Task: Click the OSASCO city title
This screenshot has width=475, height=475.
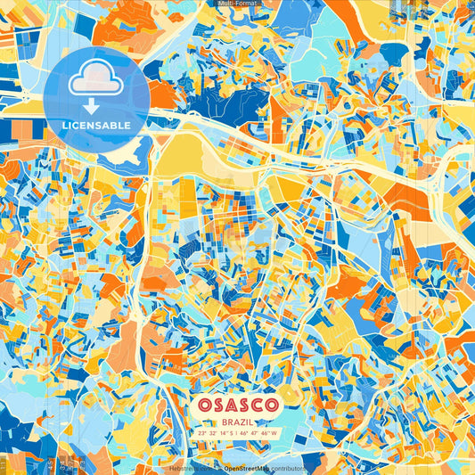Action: point(237,404)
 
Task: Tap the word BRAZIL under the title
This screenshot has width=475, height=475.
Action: point(237,420)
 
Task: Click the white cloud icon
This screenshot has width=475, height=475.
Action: point(95,81)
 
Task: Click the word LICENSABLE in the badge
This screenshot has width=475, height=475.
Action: point(95,125)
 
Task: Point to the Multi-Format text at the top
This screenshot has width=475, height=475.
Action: point(237,4)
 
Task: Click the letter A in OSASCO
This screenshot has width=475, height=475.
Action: point(228,404)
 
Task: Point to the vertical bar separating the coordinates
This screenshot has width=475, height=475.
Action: point(236,433)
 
